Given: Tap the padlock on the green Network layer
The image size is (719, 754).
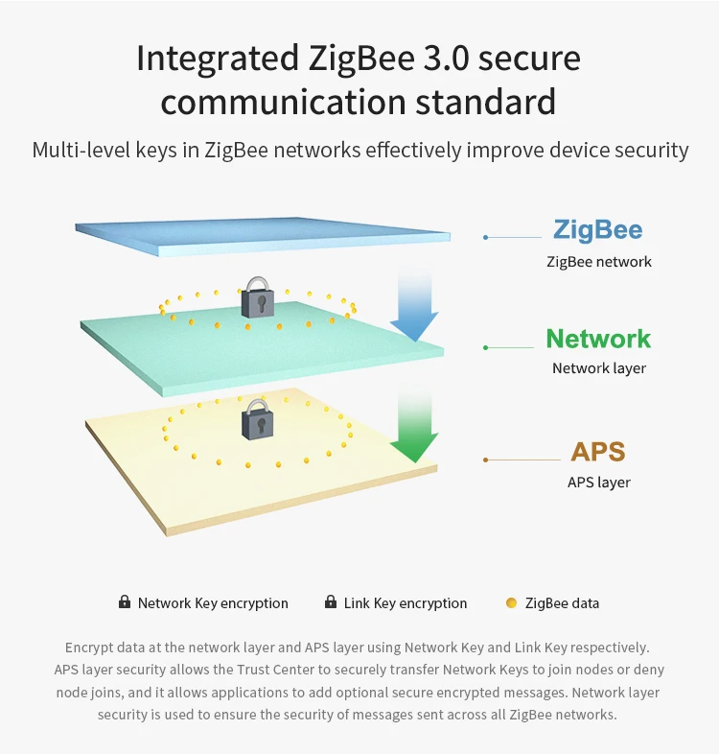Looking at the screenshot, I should point(257,298).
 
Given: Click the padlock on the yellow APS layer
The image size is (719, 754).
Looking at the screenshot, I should point(257,421).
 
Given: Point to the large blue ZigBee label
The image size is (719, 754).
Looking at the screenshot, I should point(597,230).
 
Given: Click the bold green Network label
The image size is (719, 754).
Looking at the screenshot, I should point(598,339).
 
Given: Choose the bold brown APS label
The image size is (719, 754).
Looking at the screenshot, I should point(598,452).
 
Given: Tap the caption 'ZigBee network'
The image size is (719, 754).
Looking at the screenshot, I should point(599,262).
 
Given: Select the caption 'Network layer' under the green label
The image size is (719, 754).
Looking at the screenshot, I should point(599,368).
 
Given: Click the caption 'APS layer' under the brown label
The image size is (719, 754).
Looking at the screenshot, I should point(599,483).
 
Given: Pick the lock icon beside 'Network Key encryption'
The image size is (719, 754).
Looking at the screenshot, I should point(125,602).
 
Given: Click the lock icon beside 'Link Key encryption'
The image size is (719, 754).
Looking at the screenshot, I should point(331,602).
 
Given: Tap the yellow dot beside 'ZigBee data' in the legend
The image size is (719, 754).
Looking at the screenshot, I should point(511,603).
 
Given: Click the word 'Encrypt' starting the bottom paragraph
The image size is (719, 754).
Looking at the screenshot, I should point(91,648).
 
